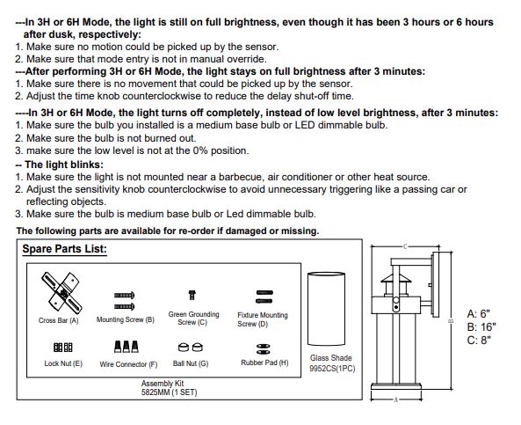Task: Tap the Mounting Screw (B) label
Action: point(126,319)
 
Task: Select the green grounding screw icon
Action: point(192,295)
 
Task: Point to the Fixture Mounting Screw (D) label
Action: point(262,319)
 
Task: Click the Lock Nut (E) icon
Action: point(62,347)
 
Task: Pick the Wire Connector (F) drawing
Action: point(127,347)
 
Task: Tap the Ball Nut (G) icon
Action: point(191,347)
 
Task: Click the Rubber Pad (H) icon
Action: point(264,348)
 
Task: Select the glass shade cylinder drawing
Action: point(326,309)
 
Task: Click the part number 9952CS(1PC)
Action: point(332,369)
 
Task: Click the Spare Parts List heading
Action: point(64,249)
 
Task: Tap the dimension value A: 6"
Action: point(479,313)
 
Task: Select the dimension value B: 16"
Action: point(481,326)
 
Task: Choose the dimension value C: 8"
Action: point(479,341)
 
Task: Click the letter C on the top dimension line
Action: point(405,246)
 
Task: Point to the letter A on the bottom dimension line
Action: point(395,399)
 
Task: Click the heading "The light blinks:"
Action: point(60,165)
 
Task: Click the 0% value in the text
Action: point(200,150)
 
